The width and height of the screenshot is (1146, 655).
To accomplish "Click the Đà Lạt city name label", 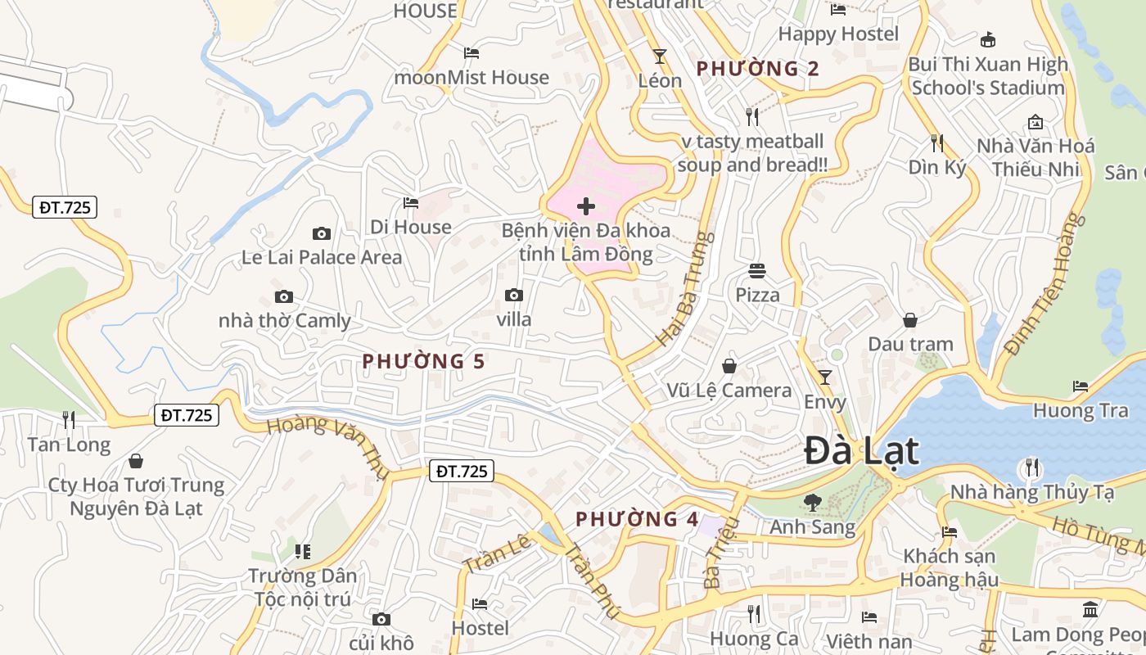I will click(861, 451).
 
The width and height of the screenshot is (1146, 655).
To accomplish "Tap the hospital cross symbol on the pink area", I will click(586, 206).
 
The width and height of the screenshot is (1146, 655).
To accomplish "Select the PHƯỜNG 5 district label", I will click(423, 361).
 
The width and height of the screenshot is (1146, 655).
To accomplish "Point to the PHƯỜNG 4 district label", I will click(637, 519).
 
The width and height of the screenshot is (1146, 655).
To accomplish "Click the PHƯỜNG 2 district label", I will click(757, 69).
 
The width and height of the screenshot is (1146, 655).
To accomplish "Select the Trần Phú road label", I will click(590, 578).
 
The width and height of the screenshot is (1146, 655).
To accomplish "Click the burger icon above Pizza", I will click(757, 270).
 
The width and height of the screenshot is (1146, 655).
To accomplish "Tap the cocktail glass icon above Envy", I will click(825, 377).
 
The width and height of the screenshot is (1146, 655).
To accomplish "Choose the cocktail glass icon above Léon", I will click(660, 56).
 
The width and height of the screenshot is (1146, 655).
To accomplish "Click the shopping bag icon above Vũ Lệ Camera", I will click(729, 366).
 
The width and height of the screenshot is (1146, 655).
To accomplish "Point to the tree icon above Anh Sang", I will click(813, 502).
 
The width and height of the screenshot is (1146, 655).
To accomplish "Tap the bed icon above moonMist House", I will click(471, 53).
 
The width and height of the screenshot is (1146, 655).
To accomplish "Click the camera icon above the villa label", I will click(514, 295).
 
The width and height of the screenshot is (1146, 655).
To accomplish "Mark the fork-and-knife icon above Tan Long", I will click(69, 420).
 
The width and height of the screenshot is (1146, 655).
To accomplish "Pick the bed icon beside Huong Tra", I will click(1081, 386).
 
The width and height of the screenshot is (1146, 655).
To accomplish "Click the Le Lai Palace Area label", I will click(322, 257).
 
